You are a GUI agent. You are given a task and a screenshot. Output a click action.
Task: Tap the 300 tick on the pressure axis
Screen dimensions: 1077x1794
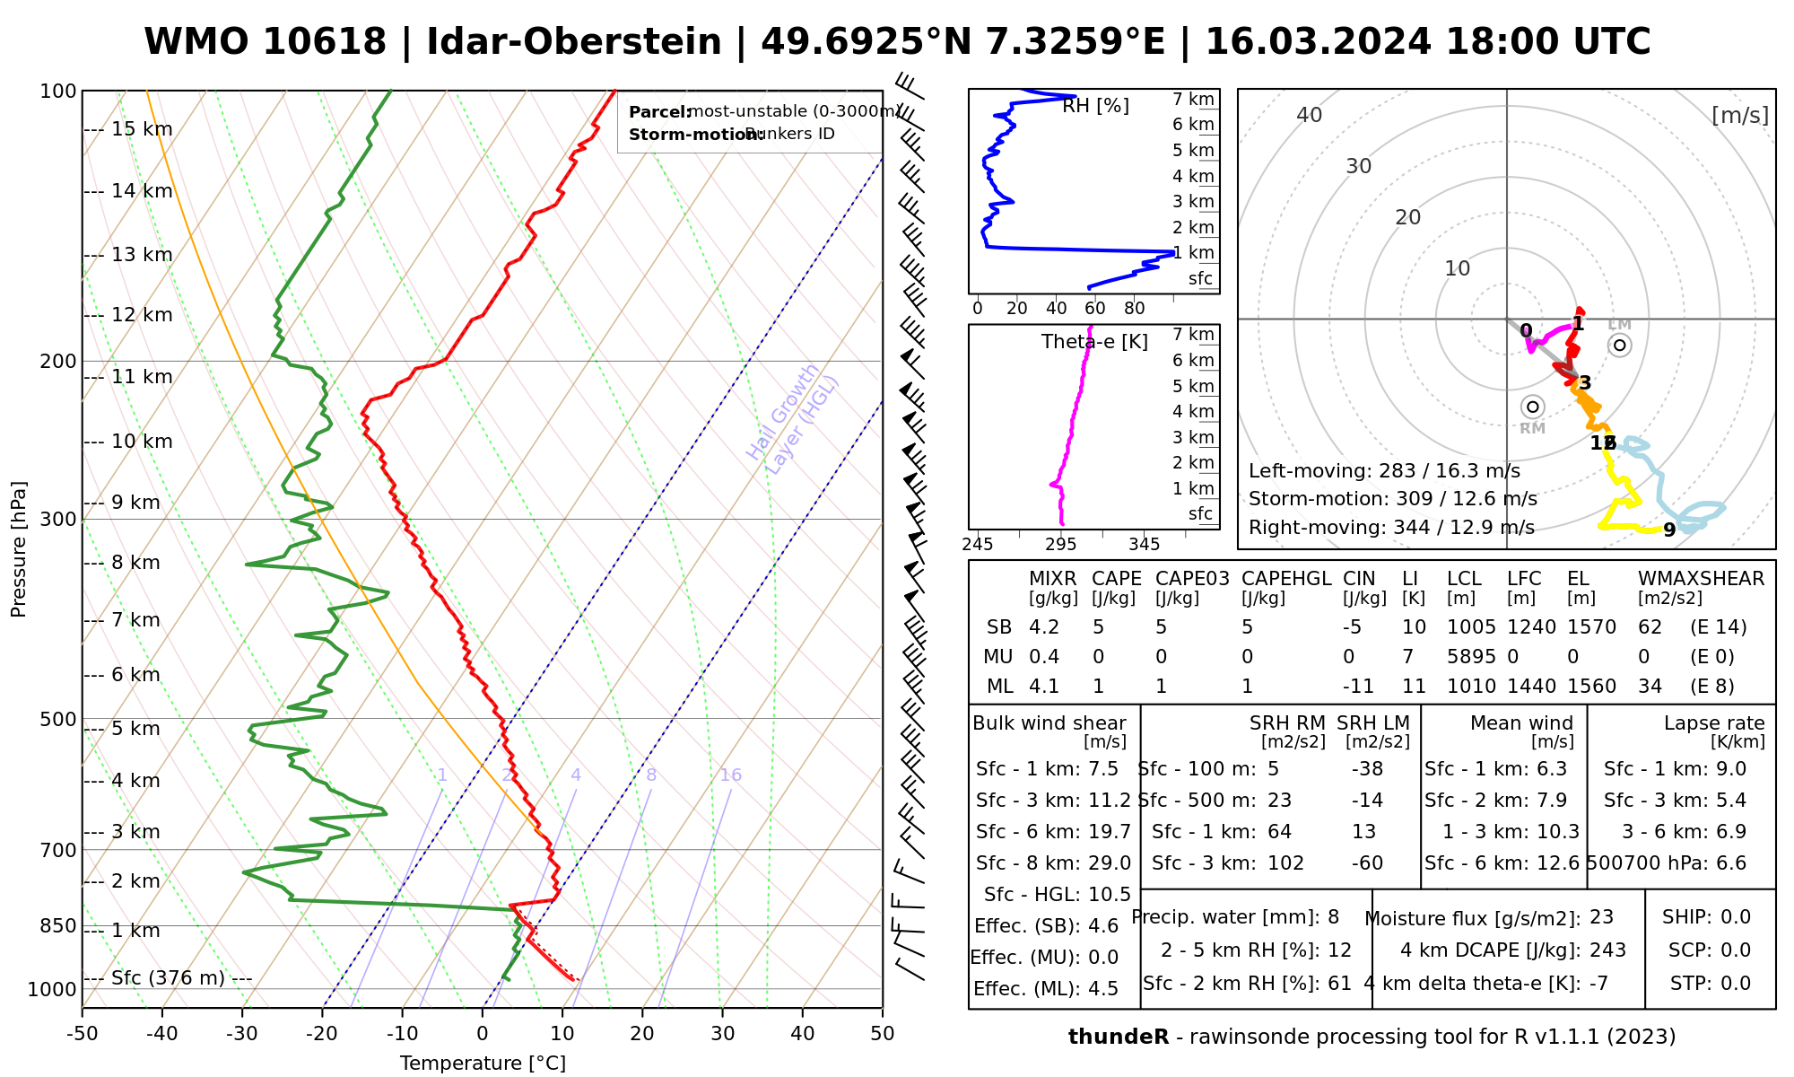click(58, 520)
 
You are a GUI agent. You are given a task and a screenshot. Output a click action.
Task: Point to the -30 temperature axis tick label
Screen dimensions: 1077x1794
click(242, 1034)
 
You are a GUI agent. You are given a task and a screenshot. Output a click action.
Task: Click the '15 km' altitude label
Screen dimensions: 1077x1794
click(142, 129)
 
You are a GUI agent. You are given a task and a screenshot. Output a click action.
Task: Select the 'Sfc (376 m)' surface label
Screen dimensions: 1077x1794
click(168, 977)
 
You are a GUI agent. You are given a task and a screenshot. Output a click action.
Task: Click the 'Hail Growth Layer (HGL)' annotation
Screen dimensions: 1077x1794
click(793, 420)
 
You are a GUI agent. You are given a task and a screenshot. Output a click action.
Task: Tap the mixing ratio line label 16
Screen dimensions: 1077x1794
click(730, 775)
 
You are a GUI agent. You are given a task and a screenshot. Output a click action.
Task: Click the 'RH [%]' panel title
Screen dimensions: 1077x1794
click(1095, 106)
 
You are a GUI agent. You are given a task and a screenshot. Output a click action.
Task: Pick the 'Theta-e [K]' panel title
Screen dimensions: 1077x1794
click(1094, 342)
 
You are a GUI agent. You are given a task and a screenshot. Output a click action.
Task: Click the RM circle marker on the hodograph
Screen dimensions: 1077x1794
click(1533, 407)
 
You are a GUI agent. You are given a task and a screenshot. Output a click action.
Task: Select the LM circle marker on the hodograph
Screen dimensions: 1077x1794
click(1619, 345)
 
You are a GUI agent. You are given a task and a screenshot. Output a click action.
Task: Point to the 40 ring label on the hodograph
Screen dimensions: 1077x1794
click(1310, 115)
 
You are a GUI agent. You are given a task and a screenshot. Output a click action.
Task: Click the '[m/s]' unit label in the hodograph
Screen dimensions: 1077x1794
click(1740, 115)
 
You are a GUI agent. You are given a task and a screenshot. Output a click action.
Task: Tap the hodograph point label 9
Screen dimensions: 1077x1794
click(1669, 530)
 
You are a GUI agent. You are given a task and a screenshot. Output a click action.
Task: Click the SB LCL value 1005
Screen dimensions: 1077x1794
click(1471, 627)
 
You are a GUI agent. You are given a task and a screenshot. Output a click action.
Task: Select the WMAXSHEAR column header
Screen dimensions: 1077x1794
click(1701, 579)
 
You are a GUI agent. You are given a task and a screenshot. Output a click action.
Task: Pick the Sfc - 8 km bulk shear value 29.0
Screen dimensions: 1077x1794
click(1110, 863)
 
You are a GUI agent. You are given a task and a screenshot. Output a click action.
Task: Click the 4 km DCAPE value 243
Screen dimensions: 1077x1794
click(1607, 950)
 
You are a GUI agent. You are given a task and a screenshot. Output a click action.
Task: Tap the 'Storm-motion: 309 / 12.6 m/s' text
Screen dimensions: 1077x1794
click(1392, 499)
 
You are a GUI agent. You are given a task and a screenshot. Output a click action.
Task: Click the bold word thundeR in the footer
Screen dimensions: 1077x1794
click(1119, 1038)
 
